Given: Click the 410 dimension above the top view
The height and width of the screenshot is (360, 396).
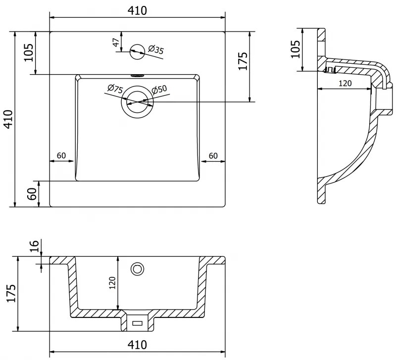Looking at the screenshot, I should (137, 10).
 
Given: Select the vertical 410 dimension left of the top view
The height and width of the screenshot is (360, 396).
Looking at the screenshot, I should (7, 119).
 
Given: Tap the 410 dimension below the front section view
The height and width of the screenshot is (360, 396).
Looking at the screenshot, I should (137, 345).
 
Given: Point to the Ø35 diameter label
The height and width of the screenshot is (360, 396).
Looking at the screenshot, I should (156, 49).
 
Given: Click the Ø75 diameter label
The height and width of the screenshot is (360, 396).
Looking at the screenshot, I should (115, 89).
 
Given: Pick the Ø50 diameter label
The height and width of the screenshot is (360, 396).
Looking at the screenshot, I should (159, 90).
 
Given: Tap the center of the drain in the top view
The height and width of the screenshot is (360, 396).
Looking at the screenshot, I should (137, 102).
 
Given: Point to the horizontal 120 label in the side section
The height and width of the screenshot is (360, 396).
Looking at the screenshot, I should (345, 83).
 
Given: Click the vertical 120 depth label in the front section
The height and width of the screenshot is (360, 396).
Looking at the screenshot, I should (112, 282).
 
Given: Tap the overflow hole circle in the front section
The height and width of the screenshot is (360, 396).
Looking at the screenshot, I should (137, 269).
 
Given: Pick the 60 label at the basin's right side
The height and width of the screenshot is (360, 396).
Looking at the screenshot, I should (213, 155).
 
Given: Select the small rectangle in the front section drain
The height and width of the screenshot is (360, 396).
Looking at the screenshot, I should (137, 323).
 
